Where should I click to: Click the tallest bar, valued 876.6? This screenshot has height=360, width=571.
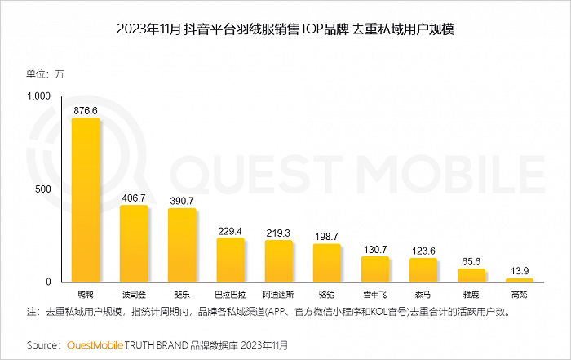[86, 200]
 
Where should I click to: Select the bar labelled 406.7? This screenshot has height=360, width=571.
[134, 243]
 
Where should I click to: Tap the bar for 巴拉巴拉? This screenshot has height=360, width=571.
[231, 260]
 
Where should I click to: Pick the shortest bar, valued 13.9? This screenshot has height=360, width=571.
[520, 280]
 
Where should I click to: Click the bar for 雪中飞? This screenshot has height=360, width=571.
[375, 269]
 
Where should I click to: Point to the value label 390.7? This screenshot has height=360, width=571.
[182, 201]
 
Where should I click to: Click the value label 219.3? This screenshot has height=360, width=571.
[278, 233]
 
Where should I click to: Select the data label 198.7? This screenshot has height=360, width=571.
[326, 237]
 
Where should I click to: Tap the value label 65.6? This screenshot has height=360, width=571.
[471, 261]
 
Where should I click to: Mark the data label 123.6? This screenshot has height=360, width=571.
[423, 251]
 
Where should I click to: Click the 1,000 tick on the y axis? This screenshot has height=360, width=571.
[38, 96]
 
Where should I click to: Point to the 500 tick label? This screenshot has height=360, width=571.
[43, 189]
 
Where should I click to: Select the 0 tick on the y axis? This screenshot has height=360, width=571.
[48, 282]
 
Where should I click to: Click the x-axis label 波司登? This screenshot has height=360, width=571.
[134, 295]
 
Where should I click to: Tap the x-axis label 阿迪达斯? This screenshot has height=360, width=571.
[278, 295]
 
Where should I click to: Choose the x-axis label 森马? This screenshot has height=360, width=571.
[423, 295]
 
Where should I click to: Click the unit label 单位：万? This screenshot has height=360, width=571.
[45, 74]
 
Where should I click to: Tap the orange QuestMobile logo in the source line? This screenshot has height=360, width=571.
[95, 345]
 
